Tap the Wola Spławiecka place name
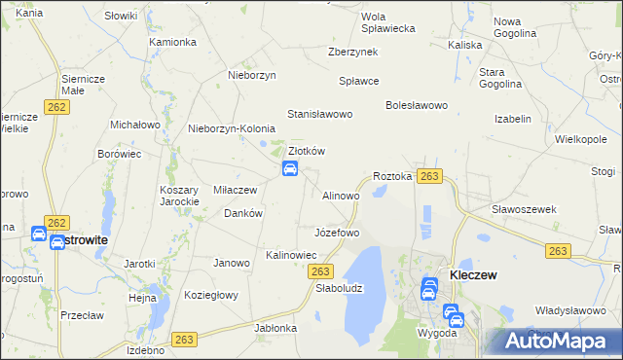[387, 22]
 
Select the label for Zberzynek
[352, 52]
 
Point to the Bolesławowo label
[416, 104]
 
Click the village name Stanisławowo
[319, 114]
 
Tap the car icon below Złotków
[290, 169]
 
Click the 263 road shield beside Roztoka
[430, 176]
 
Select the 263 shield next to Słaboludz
[323, 271]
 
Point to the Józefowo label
[337, 234]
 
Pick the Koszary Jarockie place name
[180, 196]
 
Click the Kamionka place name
[173, 43]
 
